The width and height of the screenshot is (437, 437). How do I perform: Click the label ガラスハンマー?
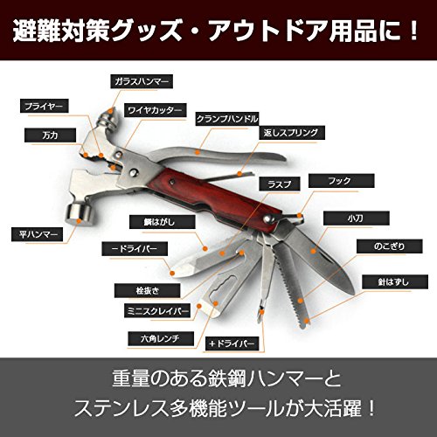(142, 81)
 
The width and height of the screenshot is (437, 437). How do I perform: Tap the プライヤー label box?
(45, 106)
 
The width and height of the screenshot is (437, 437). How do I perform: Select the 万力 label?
(50, 135)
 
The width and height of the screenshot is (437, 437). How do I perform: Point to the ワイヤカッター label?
(155, 110)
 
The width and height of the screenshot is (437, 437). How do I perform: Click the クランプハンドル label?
(227, 119)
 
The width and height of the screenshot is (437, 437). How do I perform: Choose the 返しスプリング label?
(292, 133)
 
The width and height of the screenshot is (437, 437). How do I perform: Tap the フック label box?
(341, 181)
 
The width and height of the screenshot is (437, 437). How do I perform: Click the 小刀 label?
(357, 218)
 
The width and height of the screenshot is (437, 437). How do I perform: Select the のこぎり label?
(390, 246)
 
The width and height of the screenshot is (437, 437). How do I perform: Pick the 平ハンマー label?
(38, 234)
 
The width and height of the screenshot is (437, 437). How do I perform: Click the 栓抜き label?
(148, 291)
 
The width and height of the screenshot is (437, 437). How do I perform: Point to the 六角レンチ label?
(161, 339)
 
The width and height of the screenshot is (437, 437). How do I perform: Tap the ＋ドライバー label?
(232, 344)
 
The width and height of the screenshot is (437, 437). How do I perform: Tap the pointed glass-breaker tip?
(112, 112)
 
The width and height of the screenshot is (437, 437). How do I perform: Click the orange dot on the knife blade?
(313, 251)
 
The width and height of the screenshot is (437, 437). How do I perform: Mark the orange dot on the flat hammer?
(79, 221)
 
